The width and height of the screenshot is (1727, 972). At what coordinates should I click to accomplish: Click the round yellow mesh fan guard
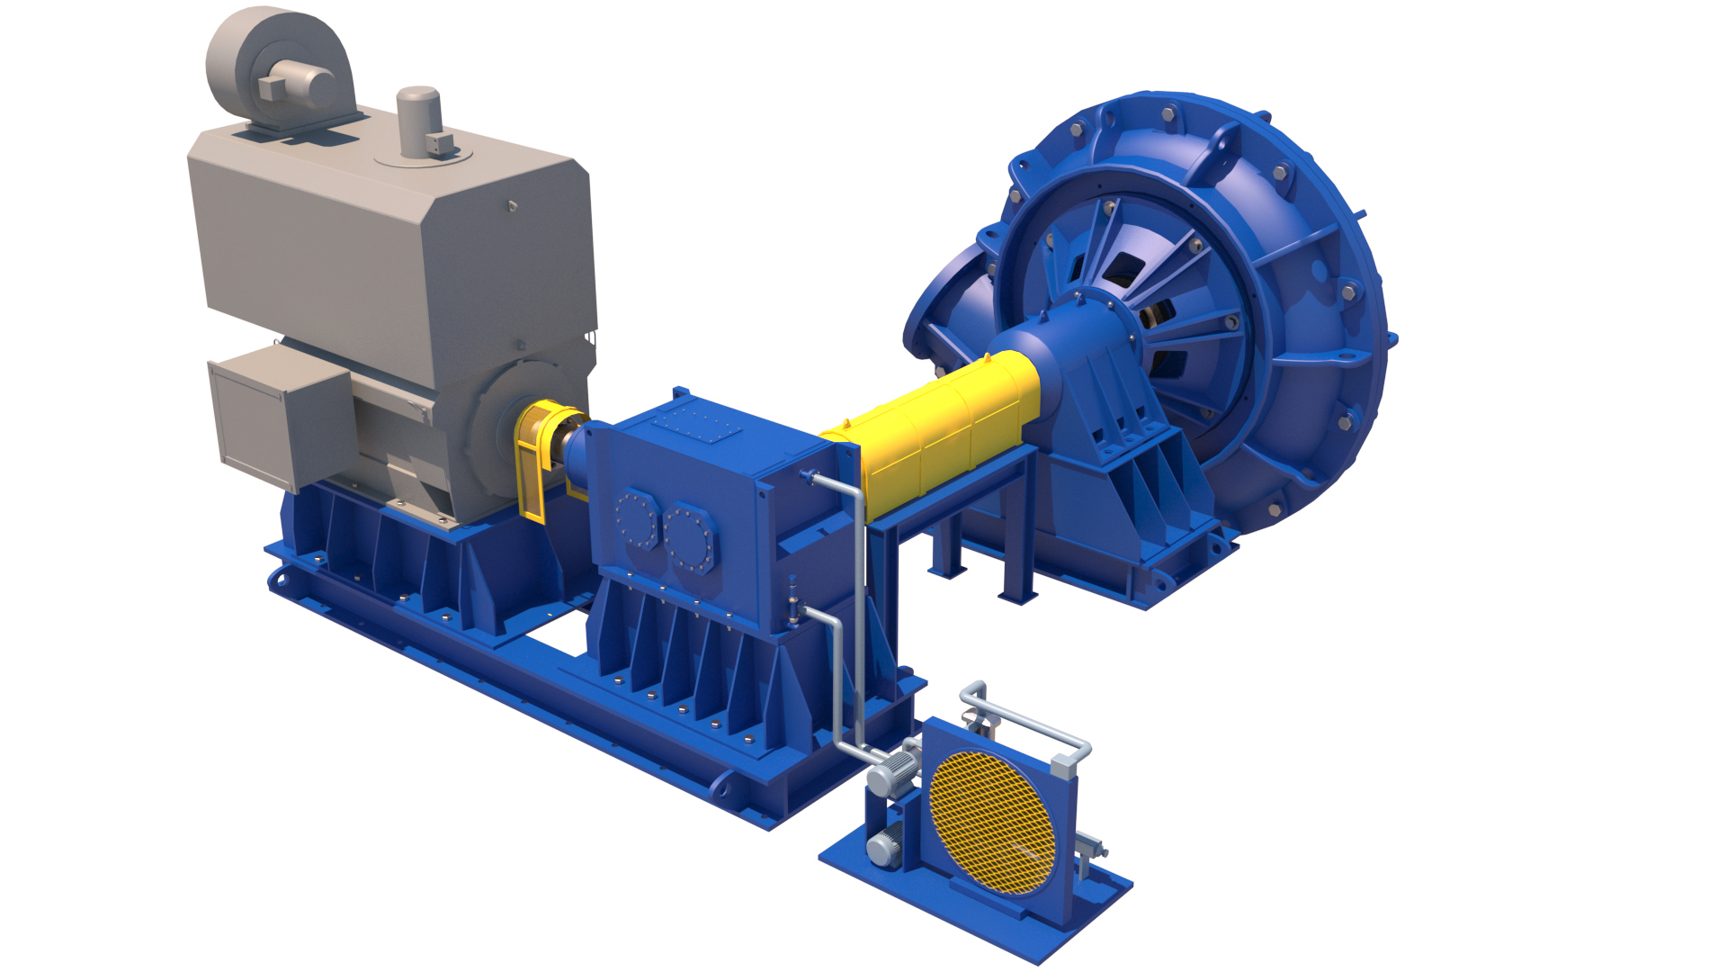[x=992, y=822]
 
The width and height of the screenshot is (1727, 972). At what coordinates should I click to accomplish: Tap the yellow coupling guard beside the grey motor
[x=538, y=459]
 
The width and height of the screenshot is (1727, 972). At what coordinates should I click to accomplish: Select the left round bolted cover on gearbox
[x=636, y=517]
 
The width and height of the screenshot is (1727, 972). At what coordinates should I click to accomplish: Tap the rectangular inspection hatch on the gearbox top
[x=698, y=422]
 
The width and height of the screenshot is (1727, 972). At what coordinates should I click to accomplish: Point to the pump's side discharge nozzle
[x=940, y=306]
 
